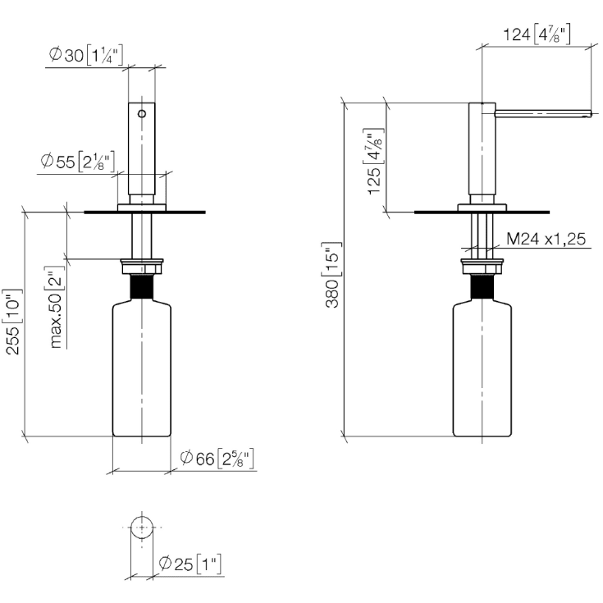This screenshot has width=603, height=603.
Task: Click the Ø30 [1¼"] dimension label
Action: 86,56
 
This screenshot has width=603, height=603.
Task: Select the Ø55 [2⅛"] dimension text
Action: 78,162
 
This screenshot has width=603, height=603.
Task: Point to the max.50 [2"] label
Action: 56,308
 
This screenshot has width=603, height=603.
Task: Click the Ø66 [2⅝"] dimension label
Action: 217,458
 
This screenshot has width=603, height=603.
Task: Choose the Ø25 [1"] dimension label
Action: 190,564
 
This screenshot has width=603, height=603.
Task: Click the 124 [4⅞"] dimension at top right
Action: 537,34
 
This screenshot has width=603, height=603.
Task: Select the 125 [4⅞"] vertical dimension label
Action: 374,162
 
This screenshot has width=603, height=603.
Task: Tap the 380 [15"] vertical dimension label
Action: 331,276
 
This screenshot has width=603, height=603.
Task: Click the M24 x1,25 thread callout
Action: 546,239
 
